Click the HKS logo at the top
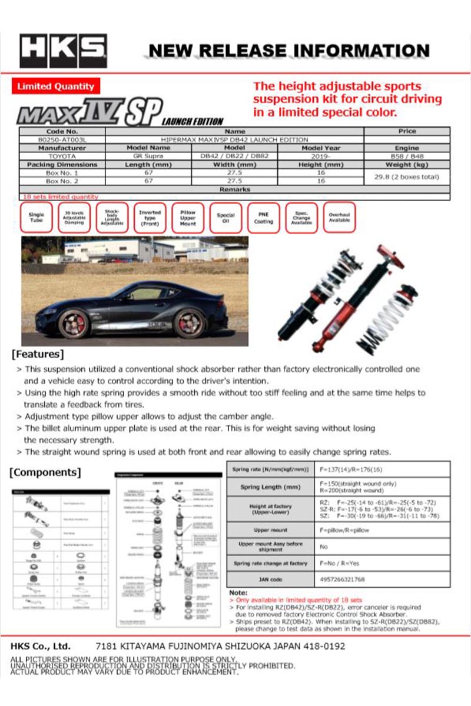click(x=64, y=51)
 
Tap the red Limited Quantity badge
click(x=56, y=86)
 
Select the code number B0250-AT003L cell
click(x=62, y=139)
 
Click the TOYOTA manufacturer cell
click(x=62, y=156)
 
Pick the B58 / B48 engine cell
click(x=407, y=156)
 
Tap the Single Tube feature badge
click(x=37, y=218)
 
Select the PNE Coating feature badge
click(x=263, y=218)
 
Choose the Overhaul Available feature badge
click(x=339, y=218)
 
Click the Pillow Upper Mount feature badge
click(x=188, y=218)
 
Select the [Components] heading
click(x=46, y=472)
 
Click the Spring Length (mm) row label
click(x=270, y=487)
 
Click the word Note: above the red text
click(x=238, y=592)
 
